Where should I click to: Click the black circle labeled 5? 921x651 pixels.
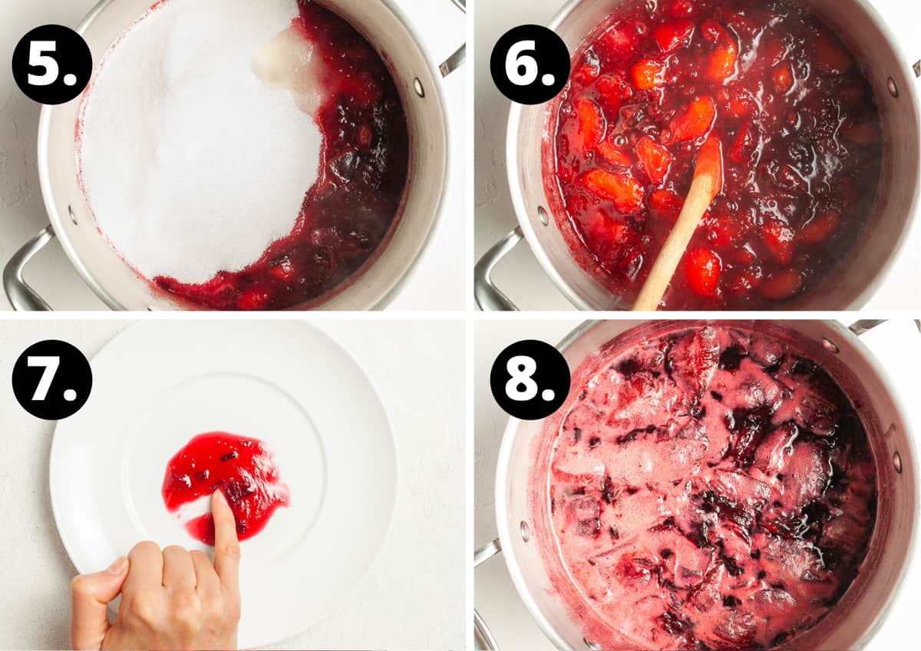coord(52,64)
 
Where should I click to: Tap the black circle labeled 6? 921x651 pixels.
coord(530,64)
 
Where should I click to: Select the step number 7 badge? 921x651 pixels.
coord(52,379)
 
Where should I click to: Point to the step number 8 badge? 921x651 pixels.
coord(530,379)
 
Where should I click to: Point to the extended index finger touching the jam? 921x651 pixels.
coord(224,530)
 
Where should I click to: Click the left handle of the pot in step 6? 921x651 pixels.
coord(491,269)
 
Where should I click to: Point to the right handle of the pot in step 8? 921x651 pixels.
coord(867,326)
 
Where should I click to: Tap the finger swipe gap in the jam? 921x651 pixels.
coord(196,511)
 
